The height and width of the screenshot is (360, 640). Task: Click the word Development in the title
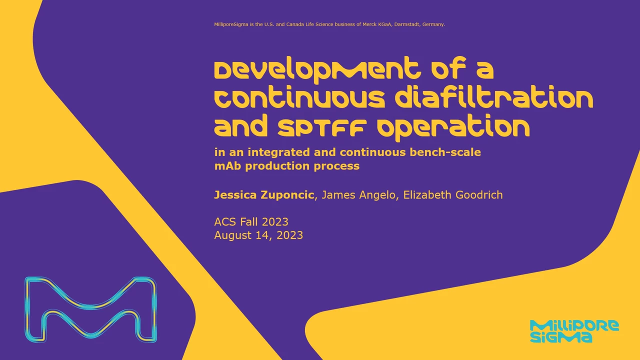[x=317, y=69]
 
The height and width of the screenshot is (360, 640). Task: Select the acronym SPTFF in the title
[x=322, y=128]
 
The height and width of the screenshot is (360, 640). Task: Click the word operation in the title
[x=453, y=127]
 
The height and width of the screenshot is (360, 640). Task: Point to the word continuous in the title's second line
[x=299, y=97]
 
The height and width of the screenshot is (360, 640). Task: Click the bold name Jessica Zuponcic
[x=264, y=195]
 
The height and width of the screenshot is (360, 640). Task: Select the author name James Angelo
[x=358, y=195]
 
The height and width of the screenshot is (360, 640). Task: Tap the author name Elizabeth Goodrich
[x=453, y=195]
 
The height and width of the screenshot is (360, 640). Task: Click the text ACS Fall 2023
[x=251, y=221]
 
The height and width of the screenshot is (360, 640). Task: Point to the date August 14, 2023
[x=258, y=235]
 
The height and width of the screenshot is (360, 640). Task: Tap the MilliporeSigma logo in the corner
[x=574, y=331]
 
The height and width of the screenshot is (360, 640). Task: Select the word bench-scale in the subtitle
[x=445, y=152]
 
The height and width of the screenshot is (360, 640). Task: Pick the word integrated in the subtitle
[x=278, y=152]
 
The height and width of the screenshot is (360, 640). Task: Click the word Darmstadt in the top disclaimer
[x=407, y=24]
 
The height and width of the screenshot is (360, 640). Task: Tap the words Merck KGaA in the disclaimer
[x=377, y=24]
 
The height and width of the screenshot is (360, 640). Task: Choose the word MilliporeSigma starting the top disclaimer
[x=231, y=24]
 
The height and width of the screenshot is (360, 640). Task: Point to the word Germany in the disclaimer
[x=433, y=24]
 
